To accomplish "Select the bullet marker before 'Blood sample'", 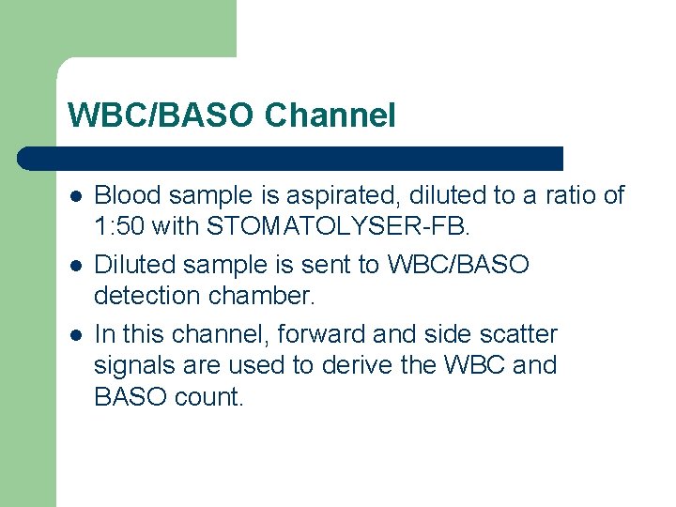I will click(x=75, y=196).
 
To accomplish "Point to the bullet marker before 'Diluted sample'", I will click(x=75, y=266).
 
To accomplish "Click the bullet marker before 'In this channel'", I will click(x=75, y=335).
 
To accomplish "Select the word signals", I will click(x=129, y=365).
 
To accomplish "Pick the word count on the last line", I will click(x=208, y=396).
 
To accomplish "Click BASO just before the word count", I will click(x=131, y=396).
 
